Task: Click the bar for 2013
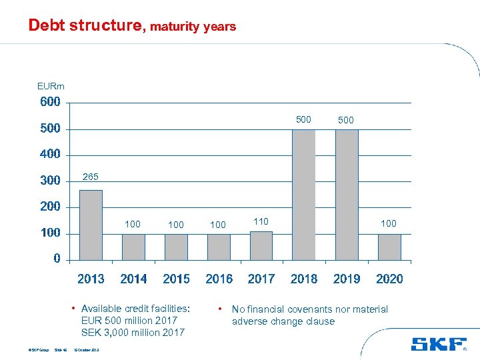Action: pos(91,225)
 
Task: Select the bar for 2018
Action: pos(304,194)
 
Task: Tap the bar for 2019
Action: pos(347,194)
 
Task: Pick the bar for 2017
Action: pos(261,245)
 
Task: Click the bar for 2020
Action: pos(389,247)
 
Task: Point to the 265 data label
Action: pos(91,177)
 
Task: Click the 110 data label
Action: pos(261,221)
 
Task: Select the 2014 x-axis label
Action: pos(133,279)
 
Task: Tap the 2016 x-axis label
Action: pos(219,279)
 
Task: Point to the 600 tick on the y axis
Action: pos(50,102)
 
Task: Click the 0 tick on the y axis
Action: pos(57,259)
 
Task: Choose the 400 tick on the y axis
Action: pos(50,154)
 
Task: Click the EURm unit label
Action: pos(51,86)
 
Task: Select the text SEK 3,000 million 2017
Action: pos(133,333)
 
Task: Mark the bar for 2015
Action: pos(176,247)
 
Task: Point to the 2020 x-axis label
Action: pos(389,279)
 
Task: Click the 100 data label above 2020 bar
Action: pos(389,224)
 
